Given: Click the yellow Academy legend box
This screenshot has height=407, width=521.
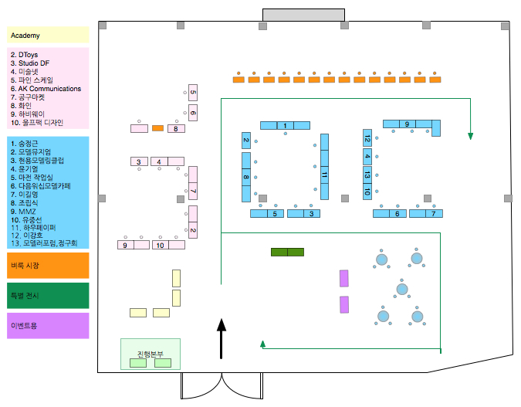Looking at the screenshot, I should click(48, 36).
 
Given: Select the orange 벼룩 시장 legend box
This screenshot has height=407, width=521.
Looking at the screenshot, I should click(48, 265).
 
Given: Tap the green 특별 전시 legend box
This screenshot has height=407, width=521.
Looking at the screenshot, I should click(48, 295).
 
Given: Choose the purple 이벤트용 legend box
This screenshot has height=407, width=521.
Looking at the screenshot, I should click(48, 325).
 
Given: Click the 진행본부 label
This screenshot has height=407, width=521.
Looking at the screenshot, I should click(151, 354).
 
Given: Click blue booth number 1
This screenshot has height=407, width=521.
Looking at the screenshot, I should click(285, 125).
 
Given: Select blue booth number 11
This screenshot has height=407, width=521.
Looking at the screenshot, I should click(324, 175).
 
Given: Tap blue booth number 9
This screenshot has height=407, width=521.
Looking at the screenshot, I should click(407, 124).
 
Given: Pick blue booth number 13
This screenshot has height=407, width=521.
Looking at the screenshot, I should click(367, 175).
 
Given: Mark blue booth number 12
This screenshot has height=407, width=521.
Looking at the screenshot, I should click(367, 139).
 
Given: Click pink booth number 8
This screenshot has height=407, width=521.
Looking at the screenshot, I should click(176, 128).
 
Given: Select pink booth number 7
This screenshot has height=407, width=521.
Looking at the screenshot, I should click(193, 192).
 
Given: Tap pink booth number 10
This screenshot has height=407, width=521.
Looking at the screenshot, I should click(160, 245).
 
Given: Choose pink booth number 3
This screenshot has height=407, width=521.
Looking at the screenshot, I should click(139, 161).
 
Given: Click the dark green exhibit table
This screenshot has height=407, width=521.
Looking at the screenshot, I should click(287, 252).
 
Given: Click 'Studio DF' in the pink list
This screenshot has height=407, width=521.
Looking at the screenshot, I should click(32, 63).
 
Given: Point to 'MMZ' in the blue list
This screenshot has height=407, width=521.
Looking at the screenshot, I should click(21, 211).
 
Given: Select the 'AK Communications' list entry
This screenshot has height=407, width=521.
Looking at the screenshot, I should click(46, 89).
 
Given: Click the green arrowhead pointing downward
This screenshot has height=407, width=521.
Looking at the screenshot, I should click(470, 137).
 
